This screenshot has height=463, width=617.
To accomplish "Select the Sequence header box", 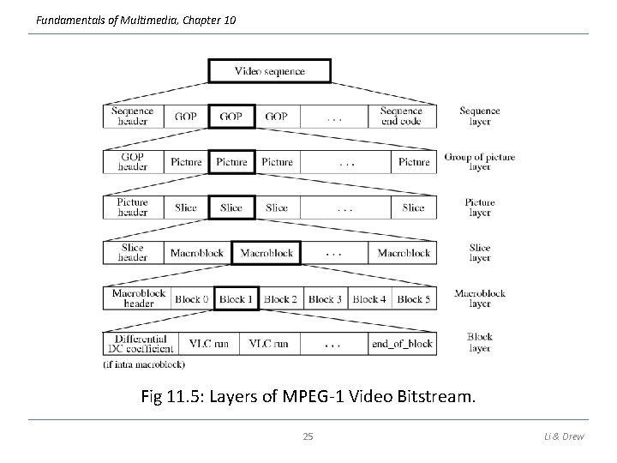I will [x=132, y=116].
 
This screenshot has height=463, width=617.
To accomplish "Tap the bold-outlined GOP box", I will [x=231, y=116].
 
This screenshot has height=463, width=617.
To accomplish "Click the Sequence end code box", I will [x=401, y=116].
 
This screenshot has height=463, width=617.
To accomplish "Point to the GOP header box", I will [x=132, y=162].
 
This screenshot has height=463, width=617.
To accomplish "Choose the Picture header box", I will [x=132, y=207].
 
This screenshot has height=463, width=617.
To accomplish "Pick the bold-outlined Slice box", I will [x=231, y=207].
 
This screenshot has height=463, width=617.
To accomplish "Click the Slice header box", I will [x=132, y=253].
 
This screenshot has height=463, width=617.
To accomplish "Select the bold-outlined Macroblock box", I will [x=267, y=253].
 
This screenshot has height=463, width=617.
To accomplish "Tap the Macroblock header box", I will [x=137, y=298].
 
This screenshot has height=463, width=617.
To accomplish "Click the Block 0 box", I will [x=191, y=299].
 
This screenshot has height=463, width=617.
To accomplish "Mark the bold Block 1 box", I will [x=236, y=299].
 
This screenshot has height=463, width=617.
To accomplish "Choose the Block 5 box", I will [x=414, y=299].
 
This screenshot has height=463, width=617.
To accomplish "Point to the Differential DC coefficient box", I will [x=141, y=344].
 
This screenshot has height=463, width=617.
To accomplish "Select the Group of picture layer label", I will [x=480, y=162].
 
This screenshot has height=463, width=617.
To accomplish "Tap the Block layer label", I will [x=480, y=343].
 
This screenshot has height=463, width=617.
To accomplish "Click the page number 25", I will [x=308, y=437].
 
